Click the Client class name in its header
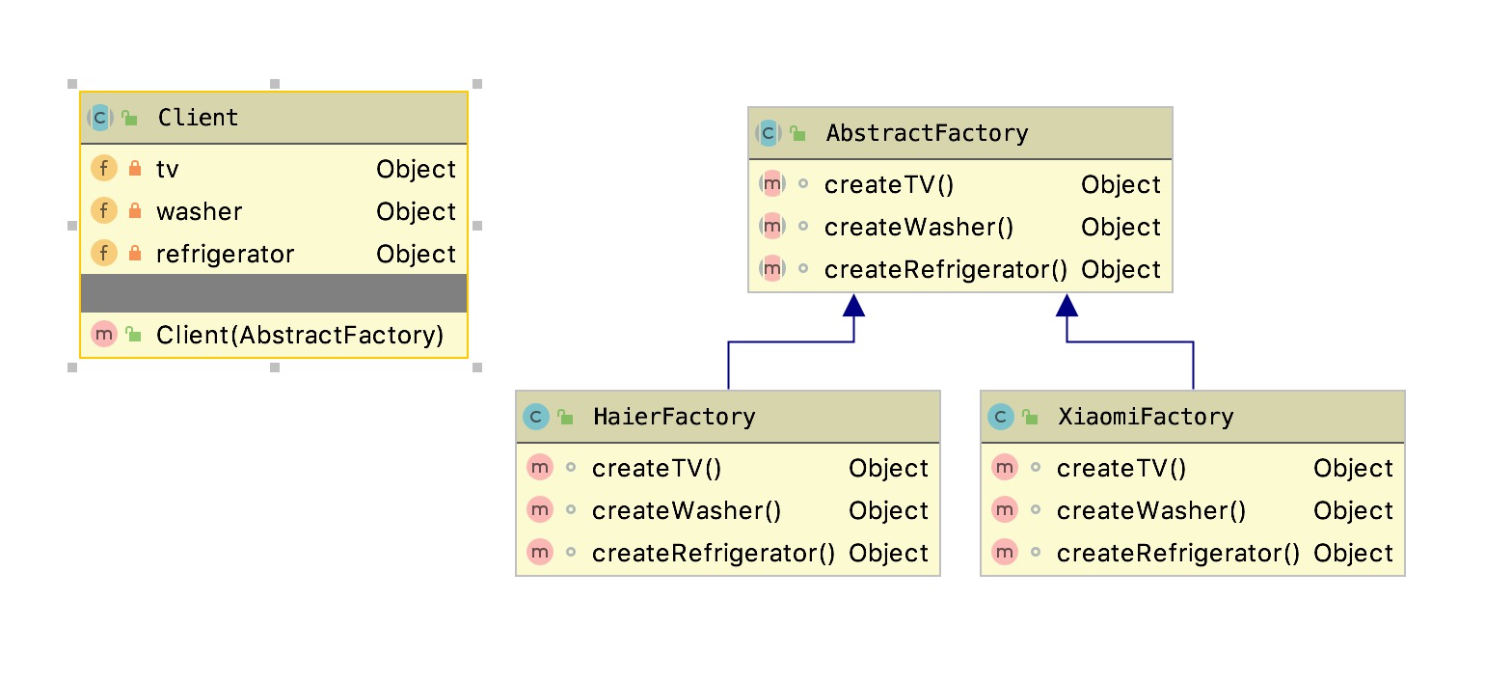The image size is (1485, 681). pyautogui.click(x=198, y=118)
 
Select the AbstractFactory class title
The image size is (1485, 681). pyautogui.click(x=927, y=133)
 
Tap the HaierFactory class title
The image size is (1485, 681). pyautogui.click(x=674, y=417)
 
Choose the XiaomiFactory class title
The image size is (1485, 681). pyautogui.click(x=1146, y=417)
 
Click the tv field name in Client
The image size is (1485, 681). pyautogui.click(x=167, y=169)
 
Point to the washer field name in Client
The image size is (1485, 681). pyautogui.click(x=199, y=211)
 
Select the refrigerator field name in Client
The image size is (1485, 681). pyautogui.click(x=225, y=254)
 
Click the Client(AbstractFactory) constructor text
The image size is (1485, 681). pyautogui.click(x=300, y=335)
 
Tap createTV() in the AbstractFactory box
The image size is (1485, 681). pyautogui.click(x=888, y=184)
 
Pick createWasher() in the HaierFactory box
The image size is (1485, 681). pyautogui.click(x=687, y=510)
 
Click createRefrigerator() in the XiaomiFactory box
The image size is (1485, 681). pyautogui.click(x=1177, y=553)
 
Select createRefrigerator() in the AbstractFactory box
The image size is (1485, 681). pyautogui.click(x=945, y=269)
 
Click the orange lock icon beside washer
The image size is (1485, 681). pyautogui.click(x=135, y=211)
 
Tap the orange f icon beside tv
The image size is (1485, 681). pyautogui.click(x=103, y=169)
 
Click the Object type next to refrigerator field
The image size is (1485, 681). pyautogui.click(x=416, y=254)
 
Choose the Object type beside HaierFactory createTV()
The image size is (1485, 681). pyautogui.click(x=888, y=468)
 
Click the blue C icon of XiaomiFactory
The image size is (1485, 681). pyautogui.click(x=1000, y=417)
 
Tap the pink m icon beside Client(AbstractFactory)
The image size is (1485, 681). pyautogui.click(x=103, y=334)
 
